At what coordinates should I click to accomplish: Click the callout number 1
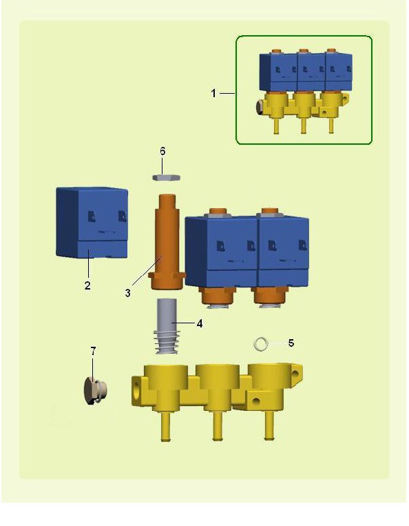[x=213, y=93]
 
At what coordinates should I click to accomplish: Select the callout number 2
[x=87, y=285]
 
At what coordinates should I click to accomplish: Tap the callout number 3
[x=127, y=293]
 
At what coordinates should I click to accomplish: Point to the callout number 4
[x=200, y=324]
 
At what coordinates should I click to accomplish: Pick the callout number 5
[x=291, y=343]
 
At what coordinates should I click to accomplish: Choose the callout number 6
[x=162, y=151]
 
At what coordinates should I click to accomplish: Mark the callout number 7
[x=93, y=351]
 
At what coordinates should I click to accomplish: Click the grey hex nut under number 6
[x=167, y=176]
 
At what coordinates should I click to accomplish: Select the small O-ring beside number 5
[x=261, y=344]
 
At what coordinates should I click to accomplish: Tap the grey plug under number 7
[x=94, y=390]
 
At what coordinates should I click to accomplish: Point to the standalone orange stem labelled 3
[x=167, y=241]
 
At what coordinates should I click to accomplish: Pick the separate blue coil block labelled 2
[x=92, y=223]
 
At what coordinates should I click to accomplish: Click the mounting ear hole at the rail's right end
[x=295, y=373]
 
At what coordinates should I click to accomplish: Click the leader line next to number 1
[x=227, y=93]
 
